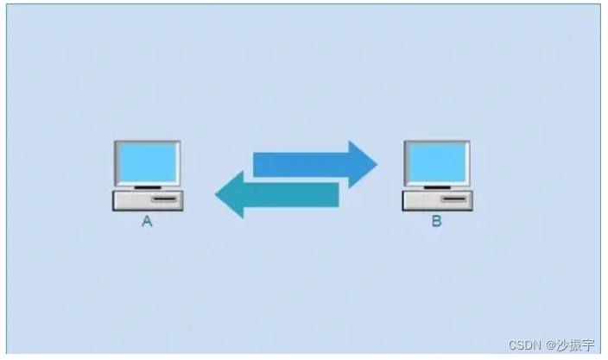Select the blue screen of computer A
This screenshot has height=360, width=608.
(x=147, y=162)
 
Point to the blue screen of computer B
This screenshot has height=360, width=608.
(x=437, y=162)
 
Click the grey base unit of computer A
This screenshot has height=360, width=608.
(x=148, y=200)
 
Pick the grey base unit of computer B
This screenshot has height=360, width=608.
(x=436, y=200)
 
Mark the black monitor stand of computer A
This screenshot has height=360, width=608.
(x=147, y=186)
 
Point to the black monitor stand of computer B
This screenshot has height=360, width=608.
(x=437, y=186)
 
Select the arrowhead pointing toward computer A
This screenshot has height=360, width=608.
(x=230, y=194)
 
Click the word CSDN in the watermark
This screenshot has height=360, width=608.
(x=523, y=345)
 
